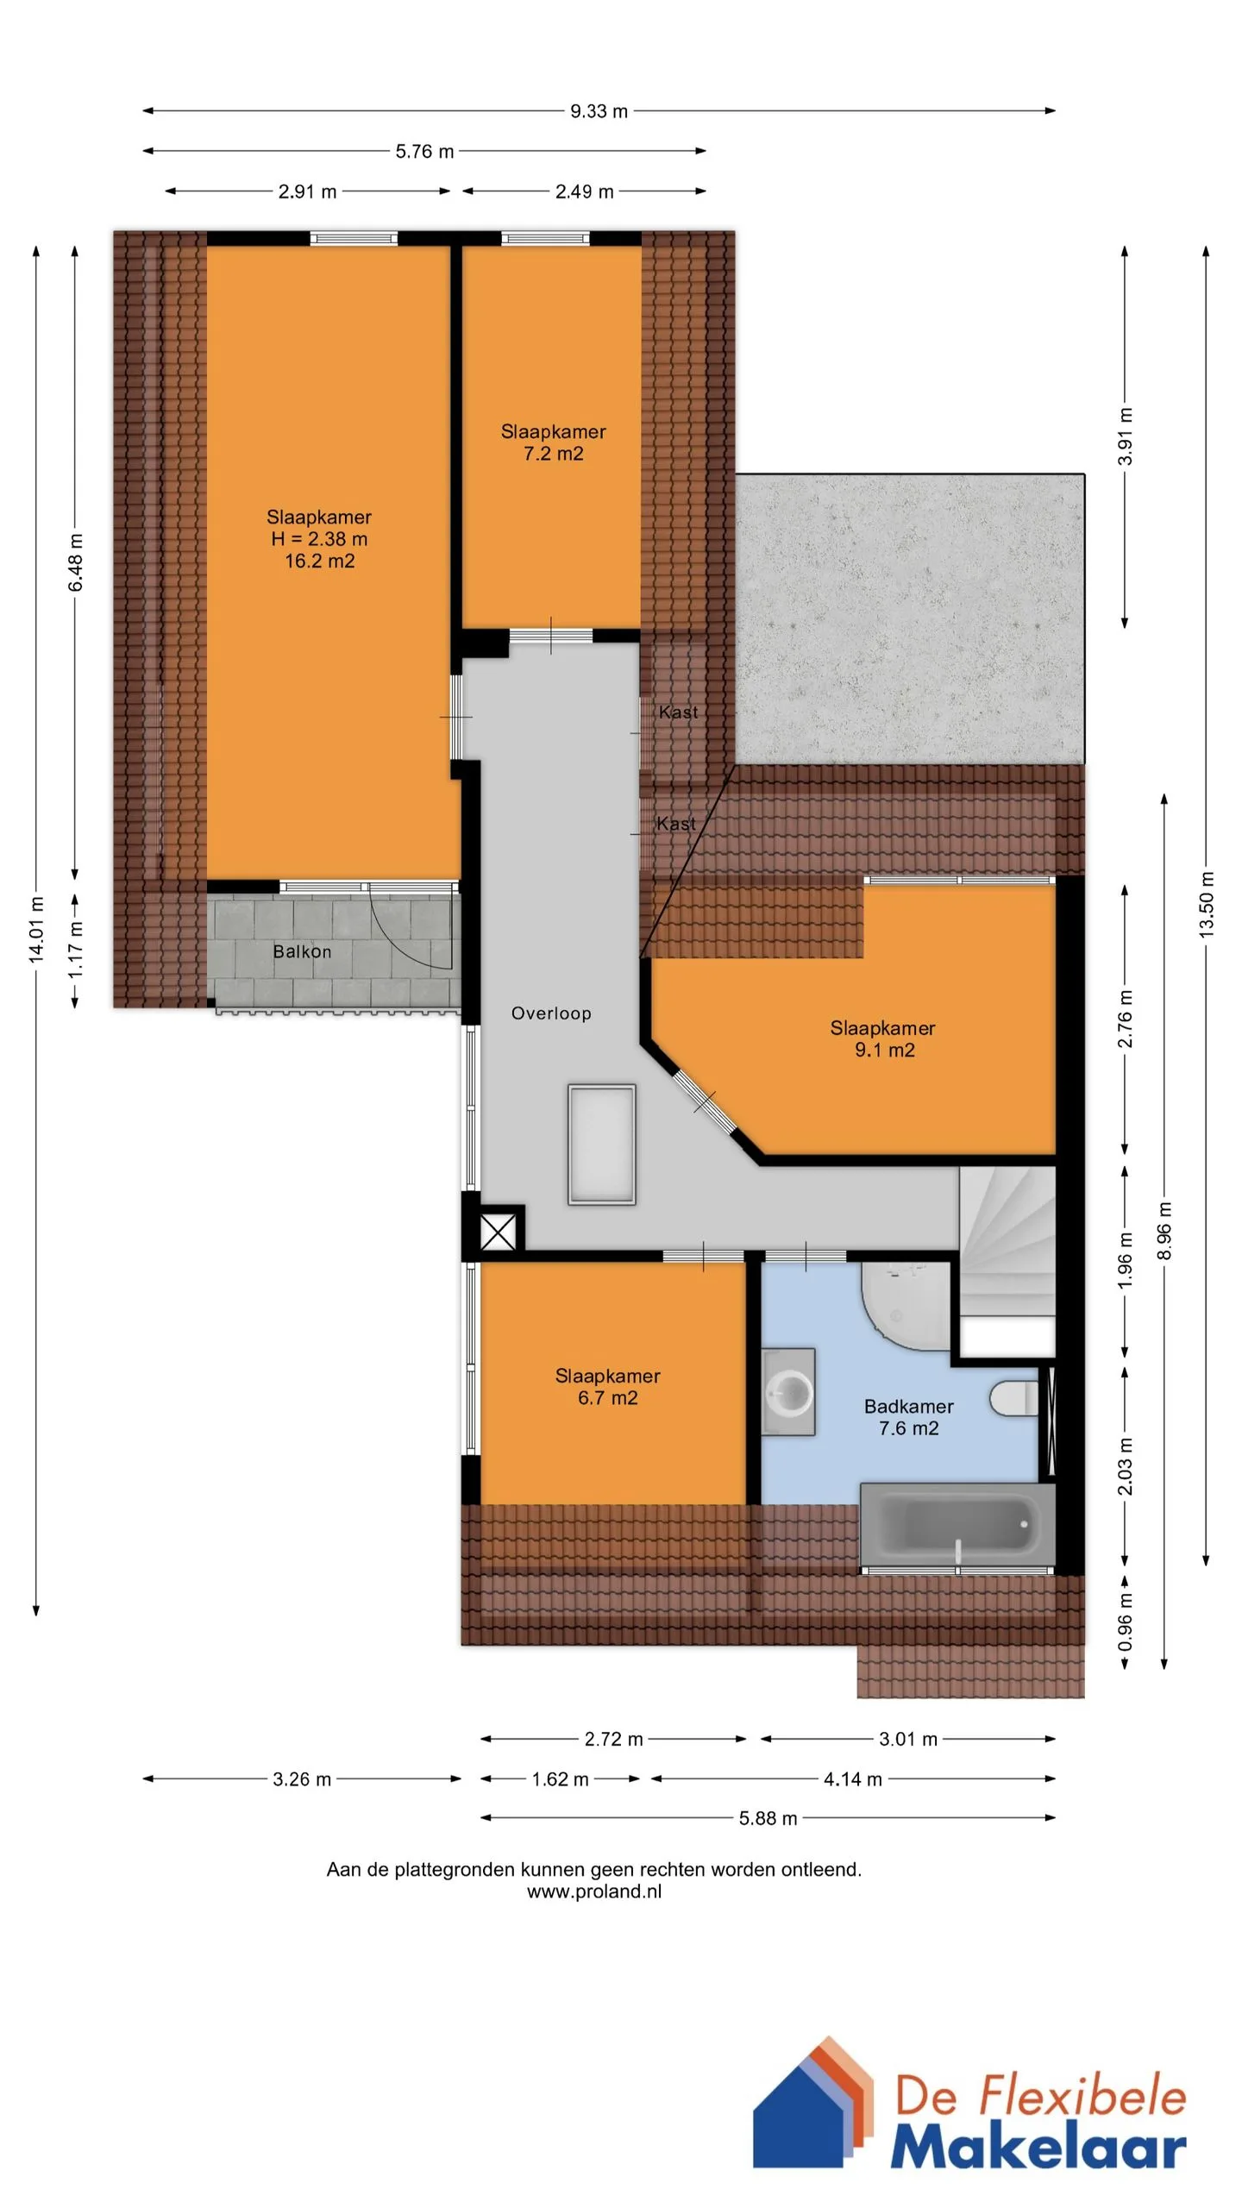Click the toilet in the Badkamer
1015,1398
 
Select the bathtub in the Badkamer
957,1526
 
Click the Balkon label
302,951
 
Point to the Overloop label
551,1013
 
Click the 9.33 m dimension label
599,111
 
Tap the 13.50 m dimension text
1206,905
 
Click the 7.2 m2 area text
554,454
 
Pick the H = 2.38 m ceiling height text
319,539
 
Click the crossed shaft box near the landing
498,1232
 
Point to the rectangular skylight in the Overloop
602,1145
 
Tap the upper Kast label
678,712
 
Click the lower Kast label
676,824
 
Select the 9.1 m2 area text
885,1051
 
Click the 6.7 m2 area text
608,1398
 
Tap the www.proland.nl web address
594,1891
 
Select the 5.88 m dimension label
768,1818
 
